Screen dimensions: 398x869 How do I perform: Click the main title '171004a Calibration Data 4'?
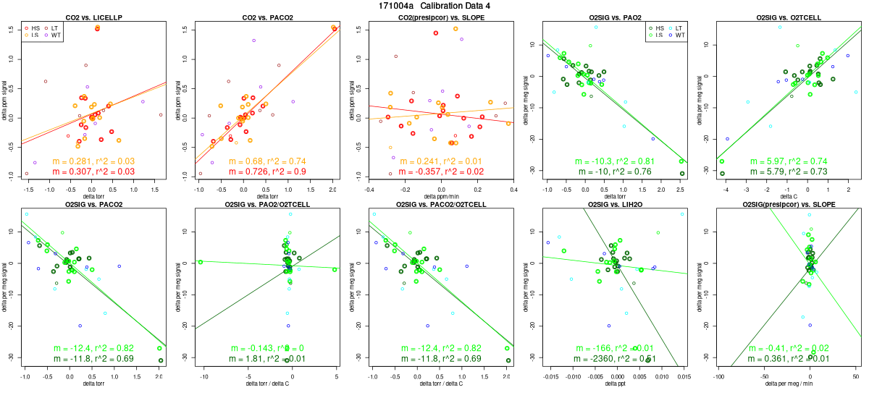point(434,6)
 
